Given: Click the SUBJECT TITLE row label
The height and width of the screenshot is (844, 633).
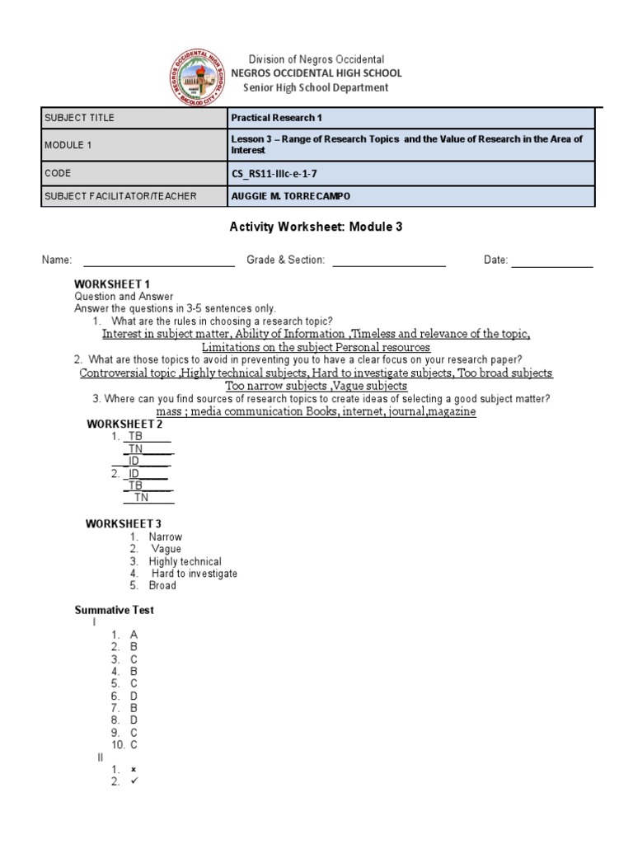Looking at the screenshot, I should pos(80,118).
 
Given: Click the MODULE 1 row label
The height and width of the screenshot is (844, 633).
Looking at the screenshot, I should pos(68,145).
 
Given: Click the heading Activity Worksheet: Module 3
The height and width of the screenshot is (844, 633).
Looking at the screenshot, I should pos(315,227).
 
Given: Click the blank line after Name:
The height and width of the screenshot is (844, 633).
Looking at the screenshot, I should pos(158,260).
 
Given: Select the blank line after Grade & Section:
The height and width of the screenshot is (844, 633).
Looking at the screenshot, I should pos(388,260).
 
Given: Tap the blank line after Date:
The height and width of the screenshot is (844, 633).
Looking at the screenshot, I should pos(551,260).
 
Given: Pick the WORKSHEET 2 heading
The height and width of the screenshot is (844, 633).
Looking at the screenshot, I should pos(124,424).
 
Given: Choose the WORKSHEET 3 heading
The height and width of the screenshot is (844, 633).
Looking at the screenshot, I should pos(124,523).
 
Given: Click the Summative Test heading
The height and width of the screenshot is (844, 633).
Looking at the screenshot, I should pos(115,610).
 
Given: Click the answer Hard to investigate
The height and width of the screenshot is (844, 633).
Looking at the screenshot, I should pos(194,574).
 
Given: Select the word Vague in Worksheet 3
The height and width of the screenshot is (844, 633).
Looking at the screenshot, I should pos(166,549).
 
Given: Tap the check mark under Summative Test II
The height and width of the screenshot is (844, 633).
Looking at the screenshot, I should pos(134,781).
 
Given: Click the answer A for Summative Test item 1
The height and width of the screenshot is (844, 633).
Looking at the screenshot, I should pos(134,635).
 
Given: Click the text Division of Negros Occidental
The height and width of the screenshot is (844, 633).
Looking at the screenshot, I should pos(317,59).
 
